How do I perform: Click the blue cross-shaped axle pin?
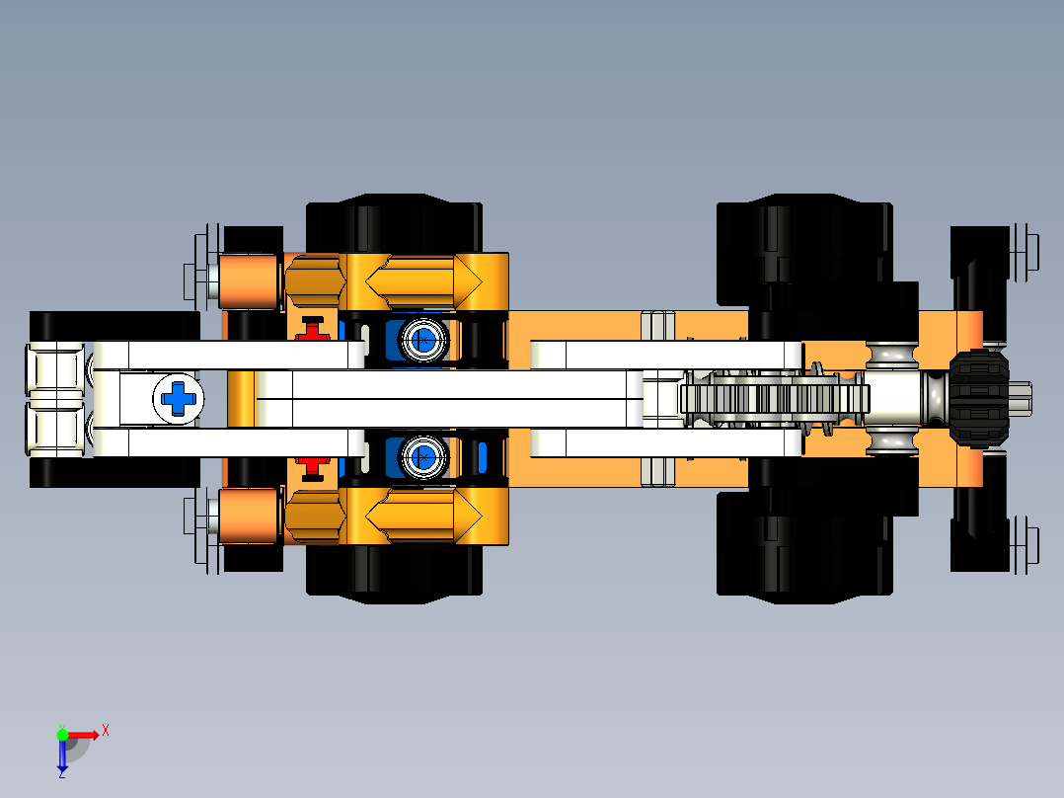(180, 398)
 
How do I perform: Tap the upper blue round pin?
(422, 341)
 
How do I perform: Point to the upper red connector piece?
(313, 330)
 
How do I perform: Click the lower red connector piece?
(313, 465)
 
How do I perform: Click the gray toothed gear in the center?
(775, 398)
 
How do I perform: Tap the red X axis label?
(105, 730)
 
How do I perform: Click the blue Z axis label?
(61, 773)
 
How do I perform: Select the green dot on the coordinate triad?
(62, 734)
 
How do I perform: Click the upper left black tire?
(395, 226)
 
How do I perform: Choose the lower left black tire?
(395, 571)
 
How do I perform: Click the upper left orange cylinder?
(246, 280)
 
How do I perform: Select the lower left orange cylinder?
(246, 517)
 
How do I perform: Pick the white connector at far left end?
(56, 399)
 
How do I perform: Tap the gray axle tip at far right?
(1021, 398)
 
